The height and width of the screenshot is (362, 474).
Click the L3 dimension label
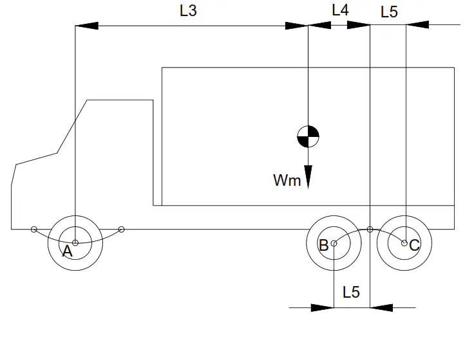click(188, 11)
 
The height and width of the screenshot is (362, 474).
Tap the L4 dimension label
click(341, 10)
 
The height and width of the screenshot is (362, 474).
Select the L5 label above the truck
click(389, 12)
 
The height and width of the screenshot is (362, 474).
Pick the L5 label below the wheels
click(351, 293)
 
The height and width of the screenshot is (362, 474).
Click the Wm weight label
click(287, 180)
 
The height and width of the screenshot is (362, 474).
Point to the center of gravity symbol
click(308, 136)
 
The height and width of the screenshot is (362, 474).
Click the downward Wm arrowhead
click(308, 177)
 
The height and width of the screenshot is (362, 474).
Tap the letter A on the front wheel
click(68, 251)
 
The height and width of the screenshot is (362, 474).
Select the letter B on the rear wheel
click(323, 245)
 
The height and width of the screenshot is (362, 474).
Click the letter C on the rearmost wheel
click(415, 245)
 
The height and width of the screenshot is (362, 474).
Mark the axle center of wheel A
click(75, 243)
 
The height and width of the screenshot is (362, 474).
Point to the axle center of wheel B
click(334, 243)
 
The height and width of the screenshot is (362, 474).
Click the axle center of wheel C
click(404, 243)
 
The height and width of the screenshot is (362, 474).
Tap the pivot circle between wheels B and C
click(370, 230)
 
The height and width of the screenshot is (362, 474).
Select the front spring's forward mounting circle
click(34, 230)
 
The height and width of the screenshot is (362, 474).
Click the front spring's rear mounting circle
click(121, 230)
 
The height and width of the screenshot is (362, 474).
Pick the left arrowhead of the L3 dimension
click(87, 26)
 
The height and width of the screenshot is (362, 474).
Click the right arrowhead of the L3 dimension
click(296, 26)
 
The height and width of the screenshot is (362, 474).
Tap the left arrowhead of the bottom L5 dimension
click(322, 307)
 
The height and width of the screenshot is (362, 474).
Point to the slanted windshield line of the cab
click(72, 127)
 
